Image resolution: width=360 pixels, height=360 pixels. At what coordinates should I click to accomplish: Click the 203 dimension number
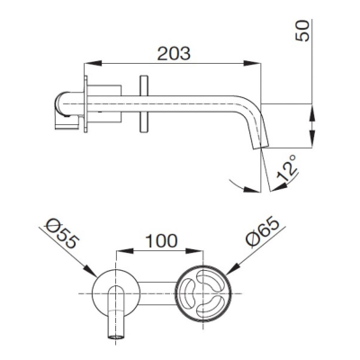[174, 54]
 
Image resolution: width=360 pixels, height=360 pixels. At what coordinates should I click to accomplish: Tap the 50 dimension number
[302, 31]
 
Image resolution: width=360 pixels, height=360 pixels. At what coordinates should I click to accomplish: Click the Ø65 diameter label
[262, 232]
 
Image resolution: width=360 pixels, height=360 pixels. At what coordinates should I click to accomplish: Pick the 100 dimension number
[161, 241]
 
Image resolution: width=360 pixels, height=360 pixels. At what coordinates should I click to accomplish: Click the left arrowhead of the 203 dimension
[93, 63]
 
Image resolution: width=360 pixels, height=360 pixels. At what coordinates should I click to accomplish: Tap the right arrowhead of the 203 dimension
[252, 63]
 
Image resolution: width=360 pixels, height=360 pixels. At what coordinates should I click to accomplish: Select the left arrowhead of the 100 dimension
[124, 251]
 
